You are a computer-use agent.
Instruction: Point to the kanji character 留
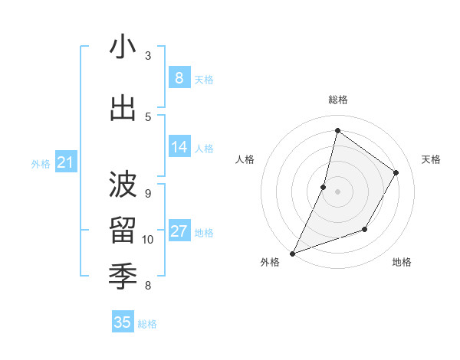click(x=123, y=229)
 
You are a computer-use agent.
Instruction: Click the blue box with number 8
click(x=179, y=78)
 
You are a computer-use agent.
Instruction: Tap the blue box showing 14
click(x=179, y=147)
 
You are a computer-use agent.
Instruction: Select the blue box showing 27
click(x=179, y=231)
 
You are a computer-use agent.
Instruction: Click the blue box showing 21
click(x=65, y=162)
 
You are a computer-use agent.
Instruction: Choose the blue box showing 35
click(x=123, y=322)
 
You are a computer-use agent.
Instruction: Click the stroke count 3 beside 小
click(x=148, y=56)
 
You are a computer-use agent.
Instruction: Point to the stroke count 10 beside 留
click(x=148, y=240)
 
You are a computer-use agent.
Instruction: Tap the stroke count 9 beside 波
click(x=148, y=194)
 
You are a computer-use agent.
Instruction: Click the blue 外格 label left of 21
click(x=41, y=163)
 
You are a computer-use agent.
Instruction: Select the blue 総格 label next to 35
click(x=147, y=324)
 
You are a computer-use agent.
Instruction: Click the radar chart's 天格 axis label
click(x=431, y=159)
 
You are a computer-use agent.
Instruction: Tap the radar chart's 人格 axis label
click(x=245, y=159)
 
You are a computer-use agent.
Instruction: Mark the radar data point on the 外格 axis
click(x=292, y=253)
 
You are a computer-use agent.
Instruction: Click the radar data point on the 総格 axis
click(x=337, y=130)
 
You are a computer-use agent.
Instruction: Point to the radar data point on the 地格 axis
click(x=365, y=229)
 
